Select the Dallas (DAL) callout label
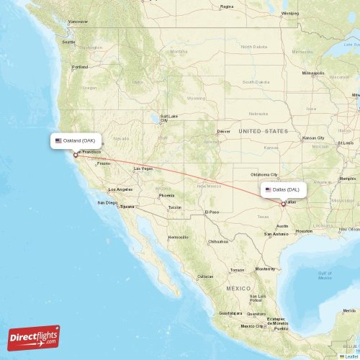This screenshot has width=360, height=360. click(284, 190)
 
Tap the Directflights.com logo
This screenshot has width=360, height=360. click(35, 337)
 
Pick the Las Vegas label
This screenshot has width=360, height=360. click(143, 168)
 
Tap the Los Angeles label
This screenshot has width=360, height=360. click(120, 189)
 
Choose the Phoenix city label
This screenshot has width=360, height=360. click(166, 195)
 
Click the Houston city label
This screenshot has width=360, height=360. click(304, 231)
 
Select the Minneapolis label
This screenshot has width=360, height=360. click(313, 73)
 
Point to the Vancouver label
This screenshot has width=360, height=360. click(78, 22)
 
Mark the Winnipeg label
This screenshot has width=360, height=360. click(289, 13)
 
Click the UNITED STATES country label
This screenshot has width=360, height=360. click(263, 131)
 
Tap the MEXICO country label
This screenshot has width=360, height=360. click(238, 288)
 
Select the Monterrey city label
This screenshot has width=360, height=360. click(265, 269)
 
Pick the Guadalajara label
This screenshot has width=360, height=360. click(231, 313)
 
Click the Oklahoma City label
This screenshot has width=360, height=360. click(264, 175)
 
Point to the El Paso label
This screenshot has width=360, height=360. click(211, 212)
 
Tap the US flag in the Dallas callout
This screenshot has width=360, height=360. click(268, 190)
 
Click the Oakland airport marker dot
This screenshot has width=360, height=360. click(76, 154)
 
